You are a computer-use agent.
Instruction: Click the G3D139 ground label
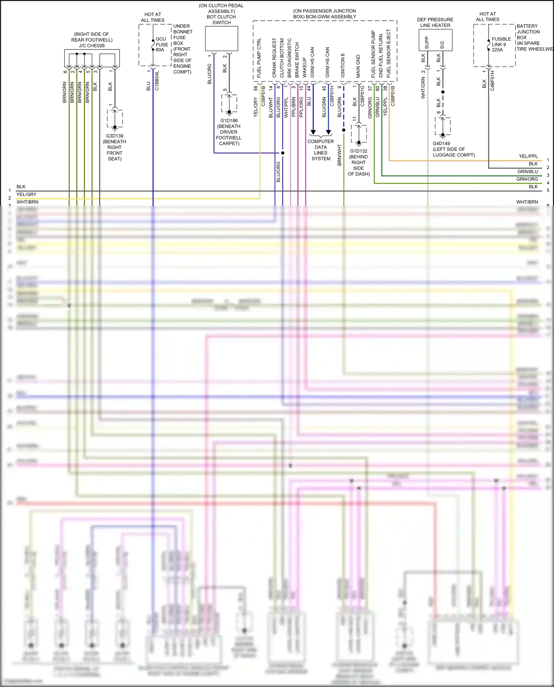coord(114,136)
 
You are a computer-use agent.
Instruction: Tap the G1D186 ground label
coord(229,121)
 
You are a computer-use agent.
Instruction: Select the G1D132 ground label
coord(359,151)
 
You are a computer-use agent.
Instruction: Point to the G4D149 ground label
coord(441,144)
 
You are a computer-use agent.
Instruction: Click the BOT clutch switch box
coord(222,38)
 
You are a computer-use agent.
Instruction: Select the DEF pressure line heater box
coord(435,40)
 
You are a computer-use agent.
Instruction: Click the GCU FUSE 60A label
coord(162,44)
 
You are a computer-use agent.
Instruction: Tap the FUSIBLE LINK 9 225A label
coord(501,44)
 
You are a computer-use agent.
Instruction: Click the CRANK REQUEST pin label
coord(274,58)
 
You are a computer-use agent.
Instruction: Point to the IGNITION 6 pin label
coord(343,65)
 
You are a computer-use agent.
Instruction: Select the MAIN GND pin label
coord(358,66)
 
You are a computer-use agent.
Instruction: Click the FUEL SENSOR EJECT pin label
coord(389,54)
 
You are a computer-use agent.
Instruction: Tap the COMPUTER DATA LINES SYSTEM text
coord(321,150)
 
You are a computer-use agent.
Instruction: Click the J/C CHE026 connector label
coord(92,46)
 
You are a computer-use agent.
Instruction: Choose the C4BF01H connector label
coord(492,81)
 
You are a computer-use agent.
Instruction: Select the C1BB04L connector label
coord(157,81)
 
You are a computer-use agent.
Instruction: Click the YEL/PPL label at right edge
coord(528,156)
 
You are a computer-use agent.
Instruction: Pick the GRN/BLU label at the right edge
coord(527,171)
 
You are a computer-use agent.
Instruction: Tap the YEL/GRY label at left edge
coord(27,195)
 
